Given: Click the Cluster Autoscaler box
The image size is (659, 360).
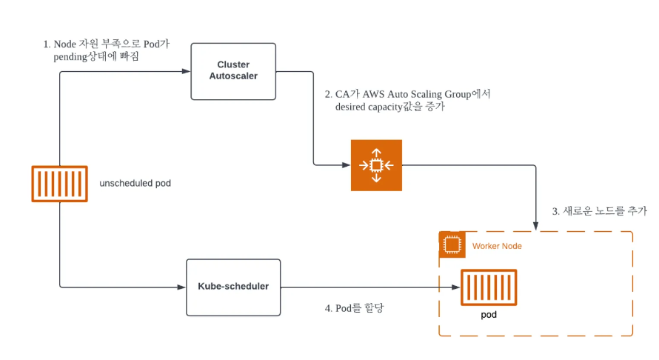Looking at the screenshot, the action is tap(233, 71).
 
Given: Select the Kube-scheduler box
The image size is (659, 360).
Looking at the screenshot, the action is tap(233, 287).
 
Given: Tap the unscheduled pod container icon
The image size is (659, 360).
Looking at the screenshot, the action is tap(60, 184).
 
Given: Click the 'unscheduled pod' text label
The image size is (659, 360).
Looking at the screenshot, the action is tap(135, 184).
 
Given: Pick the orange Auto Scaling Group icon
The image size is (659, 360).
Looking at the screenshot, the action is tap(376, 165).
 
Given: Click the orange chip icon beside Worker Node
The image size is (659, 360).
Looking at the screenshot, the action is tap(452, 244).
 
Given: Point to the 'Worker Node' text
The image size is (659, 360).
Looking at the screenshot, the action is tap(497, 246).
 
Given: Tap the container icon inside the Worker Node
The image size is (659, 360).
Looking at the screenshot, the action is tap(489, 287).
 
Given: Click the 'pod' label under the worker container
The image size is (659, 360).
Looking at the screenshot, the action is tap(489, 315).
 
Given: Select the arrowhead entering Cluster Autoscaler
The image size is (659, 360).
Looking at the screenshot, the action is tap(186, 71).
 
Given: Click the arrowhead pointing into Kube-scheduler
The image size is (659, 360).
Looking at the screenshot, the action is tap(181, 287).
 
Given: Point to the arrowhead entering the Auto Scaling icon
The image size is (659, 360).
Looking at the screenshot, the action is tap(347, 165).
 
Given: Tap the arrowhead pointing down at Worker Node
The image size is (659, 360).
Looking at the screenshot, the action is tap(535, 227).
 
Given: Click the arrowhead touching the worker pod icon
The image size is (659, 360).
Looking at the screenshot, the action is tap(456, 287).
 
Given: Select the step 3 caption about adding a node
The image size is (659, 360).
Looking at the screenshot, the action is tap(600, 210).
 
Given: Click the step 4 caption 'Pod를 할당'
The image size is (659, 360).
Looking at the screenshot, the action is tap(354, 308).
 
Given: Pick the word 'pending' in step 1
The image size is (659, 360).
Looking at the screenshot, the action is tap(70, 57).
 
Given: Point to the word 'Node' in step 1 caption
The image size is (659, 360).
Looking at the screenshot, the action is tap(64, 44).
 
